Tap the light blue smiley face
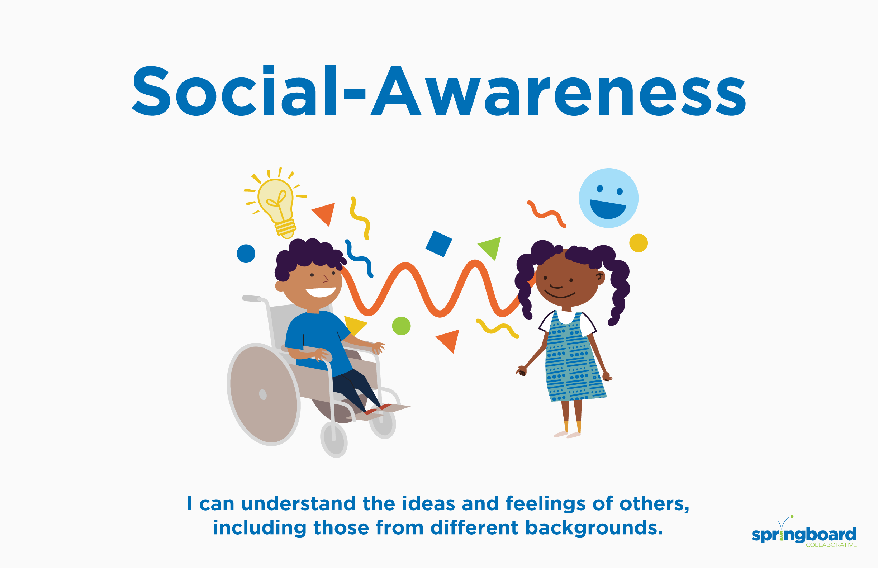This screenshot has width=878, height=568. coord(608,198)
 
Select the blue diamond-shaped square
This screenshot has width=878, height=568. coord(439,244)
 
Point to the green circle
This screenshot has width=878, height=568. coord(401,326)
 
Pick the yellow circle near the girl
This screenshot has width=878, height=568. coord(638,243)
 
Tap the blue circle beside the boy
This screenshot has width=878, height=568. coord(246,254)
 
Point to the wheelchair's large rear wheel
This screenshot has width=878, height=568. coord(263,394)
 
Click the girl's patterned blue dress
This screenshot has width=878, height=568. coord(574,358)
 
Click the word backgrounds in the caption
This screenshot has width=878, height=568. coord(594,528)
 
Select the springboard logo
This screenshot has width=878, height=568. coord(804,532)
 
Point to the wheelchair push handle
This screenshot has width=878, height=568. coord(252,298)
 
